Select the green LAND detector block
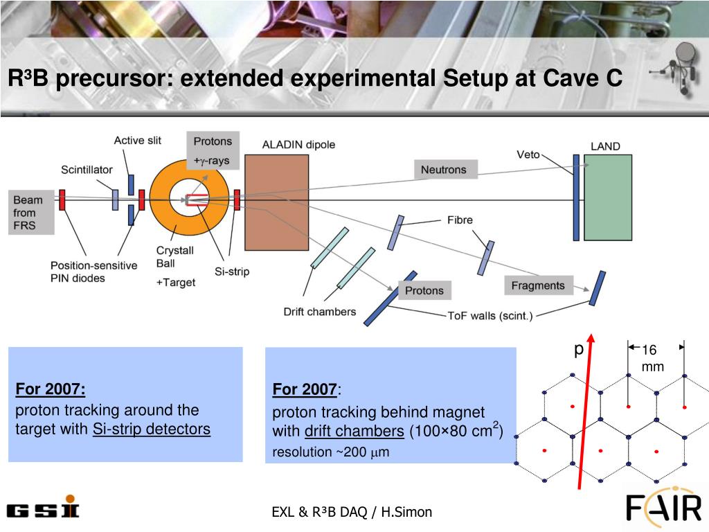(608, 197)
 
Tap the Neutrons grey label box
(444, 170)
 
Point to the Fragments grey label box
(538, 285)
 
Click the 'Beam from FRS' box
(28, 213)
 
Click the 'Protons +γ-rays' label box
(213, 150)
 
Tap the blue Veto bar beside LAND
(576, 197)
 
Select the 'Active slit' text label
(138, 141)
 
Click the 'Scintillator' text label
(87, 170)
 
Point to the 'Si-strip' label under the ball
(232, 272)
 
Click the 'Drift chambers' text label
(320, 312)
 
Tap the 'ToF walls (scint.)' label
(490, 316)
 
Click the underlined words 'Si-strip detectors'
(152, 429)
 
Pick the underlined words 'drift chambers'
(354, 432)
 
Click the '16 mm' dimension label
(652, 358)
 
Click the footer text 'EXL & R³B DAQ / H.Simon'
(352, 512)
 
